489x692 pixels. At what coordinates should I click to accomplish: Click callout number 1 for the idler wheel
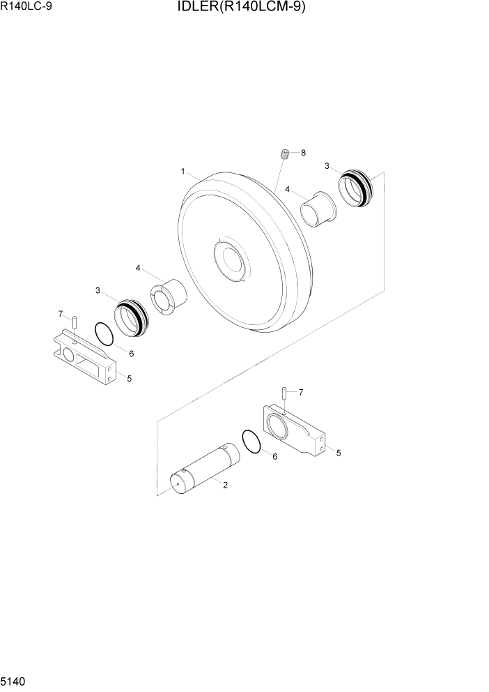[x=182, y=171]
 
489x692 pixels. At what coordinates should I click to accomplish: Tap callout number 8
[x=303, y=152]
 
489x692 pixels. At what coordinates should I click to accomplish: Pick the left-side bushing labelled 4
[x=168, y=294]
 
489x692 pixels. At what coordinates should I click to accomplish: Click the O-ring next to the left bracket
[x=104, y=333]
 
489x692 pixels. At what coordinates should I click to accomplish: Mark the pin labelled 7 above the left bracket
[x=73, y=323]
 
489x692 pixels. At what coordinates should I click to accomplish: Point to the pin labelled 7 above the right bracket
[x=285, y=394]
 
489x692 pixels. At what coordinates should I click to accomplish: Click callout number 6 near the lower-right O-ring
[x=274, y=456]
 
